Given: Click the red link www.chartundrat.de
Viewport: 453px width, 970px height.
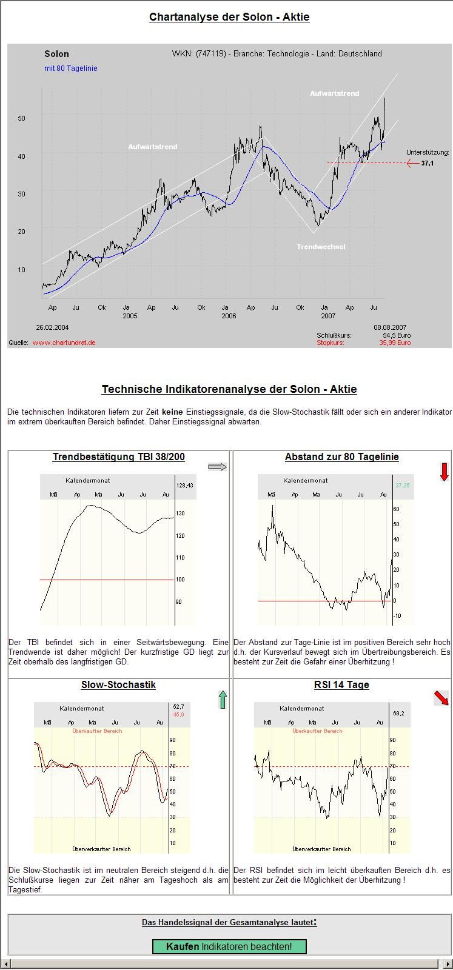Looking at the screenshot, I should click(x=64, y=343).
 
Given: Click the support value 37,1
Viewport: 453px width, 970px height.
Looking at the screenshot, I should click(x=428, y=163).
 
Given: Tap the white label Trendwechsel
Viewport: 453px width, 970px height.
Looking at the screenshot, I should click(x=321, y=247).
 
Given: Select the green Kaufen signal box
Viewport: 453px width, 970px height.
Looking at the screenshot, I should click(x=229, y=946).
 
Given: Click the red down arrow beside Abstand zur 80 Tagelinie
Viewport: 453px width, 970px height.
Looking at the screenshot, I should click(x=444, y=472).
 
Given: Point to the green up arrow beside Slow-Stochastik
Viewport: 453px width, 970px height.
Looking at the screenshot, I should click(x=223, y=700).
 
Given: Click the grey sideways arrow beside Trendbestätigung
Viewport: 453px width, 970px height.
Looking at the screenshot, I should click(x=217, y=467).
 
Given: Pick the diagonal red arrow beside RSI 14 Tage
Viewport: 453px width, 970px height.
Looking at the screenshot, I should click(x=441, y=698).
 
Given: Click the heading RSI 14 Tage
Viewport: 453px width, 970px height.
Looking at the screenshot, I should click(x=341, y=684).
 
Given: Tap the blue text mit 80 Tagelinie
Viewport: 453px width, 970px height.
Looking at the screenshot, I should click(x=71, y=69).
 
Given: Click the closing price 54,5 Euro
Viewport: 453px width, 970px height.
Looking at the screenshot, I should click(x=397, y=335).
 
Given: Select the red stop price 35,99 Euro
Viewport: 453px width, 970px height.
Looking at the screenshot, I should click(x=395, y=343).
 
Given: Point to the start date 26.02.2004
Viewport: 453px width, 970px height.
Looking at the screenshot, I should click(x=52, y=327).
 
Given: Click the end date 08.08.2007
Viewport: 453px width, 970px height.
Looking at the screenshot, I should click(x=390, y=327).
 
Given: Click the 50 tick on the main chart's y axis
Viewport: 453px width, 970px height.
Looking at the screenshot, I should click(x=22, y=118).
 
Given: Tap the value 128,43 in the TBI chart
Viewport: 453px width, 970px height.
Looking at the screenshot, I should click(x=184, y=486).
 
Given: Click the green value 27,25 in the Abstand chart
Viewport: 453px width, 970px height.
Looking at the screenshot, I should click(x=402, y=486).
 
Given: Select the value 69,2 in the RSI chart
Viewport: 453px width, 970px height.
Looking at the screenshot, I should click(x=398, y=714).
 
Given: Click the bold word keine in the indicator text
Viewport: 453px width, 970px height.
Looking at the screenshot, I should click(x=172, y=412).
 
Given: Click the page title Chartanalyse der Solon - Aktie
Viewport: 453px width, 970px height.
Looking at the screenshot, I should click(x=229, y=17).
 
